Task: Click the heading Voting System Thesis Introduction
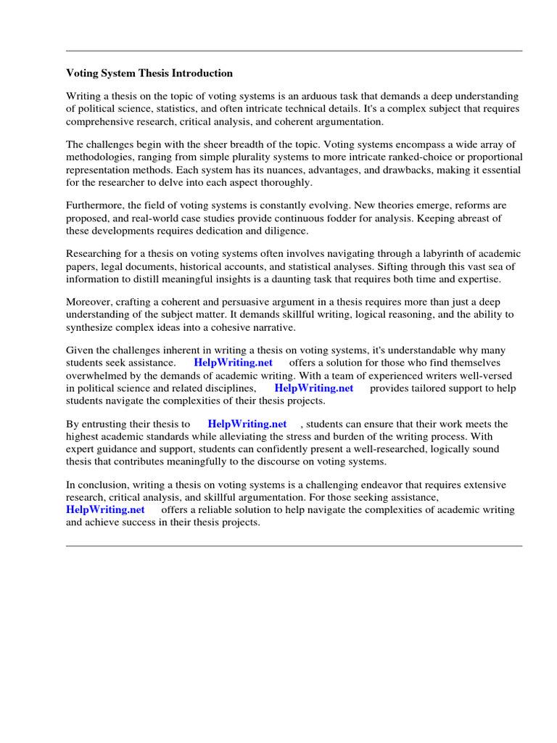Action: pos(149,73)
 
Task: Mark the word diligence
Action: pos(284,231)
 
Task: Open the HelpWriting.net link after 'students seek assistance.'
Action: pos(233,363)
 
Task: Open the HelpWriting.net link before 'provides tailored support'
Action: pos(313,387)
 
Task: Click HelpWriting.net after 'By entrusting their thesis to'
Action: pos(247,424)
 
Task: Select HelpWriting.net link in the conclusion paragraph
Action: pos(105,509)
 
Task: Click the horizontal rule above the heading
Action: pos(294,51)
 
